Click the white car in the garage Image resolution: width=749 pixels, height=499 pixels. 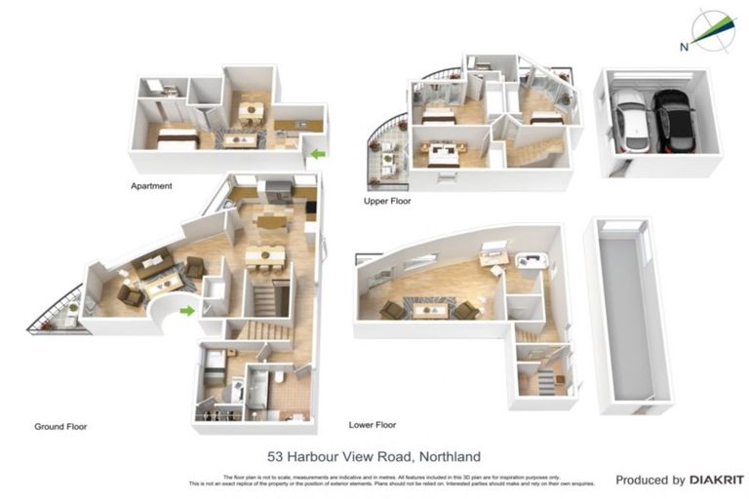tap(630, 122)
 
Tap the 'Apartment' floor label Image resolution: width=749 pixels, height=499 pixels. tap(151, 185)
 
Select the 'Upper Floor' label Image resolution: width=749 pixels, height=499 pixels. tap(388, 202)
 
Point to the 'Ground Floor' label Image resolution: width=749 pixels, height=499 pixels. tap(62, 426)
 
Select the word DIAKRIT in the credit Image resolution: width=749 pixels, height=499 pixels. tap(717, 480)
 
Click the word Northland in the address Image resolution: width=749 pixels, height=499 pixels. tap(448, 456)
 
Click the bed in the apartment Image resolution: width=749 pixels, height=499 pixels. tap(178, 138)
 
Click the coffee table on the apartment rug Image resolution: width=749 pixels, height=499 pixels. tap(237, 139)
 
